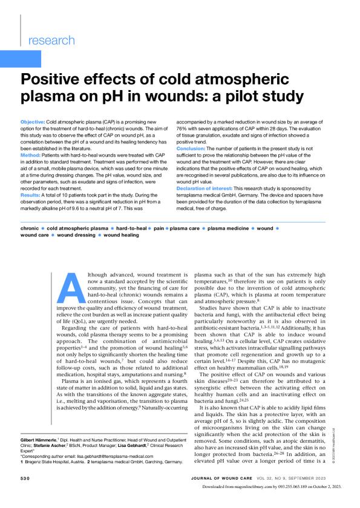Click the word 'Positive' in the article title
54,80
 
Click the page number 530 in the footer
28,494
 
